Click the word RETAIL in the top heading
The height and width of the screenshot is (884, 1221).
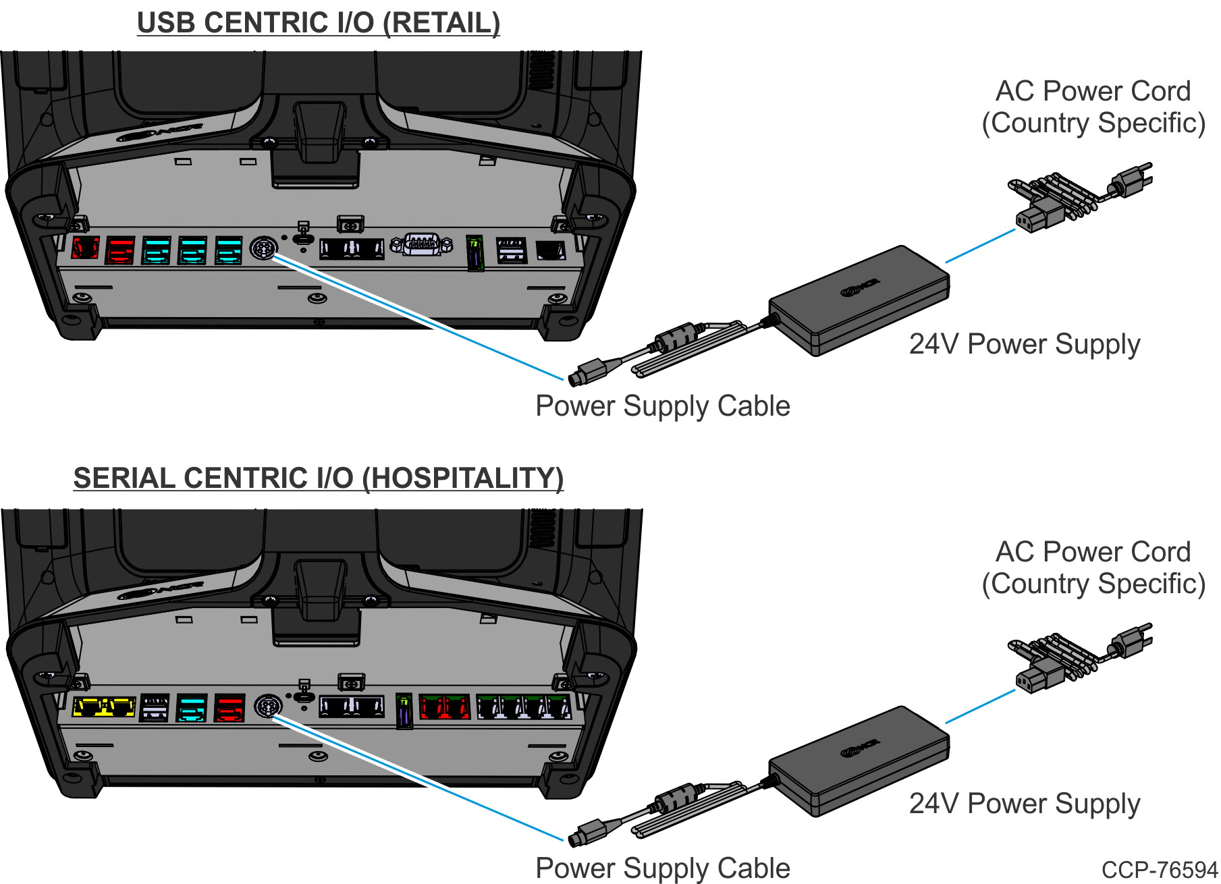point(441,23)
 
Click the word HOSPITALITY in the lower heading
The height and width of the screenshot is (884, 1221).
point(462,478)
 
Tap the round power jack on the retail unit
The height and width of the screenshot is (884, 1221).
point(263,248)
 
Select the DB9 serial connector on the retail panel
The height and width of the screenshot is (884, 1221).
point(422,244)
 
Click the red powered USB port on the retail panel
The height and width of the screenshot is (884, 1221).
point(119,250)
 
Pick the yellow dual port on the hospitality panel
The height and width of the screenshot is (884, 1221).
point(103,707)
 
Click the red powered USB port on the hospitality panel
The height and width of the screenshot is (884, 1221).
point(229,709)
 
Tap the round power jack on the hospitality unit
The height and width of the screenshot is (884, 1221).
point(268,707)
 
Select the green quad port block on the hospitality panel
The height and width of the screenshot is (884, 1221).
point(524,707)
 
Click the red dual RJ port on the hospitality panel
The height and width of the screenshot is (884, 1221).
point(444,707)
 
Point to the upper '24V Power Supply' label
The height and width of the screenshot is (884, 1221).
point(1024,344)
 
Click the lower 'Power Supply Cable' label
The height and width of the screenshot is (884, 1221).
point(662,868)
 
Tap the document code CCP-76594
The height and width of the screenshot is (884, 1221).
point(1160,870)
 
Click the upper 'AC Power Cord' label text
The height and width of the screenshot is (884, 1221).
point(1093,91)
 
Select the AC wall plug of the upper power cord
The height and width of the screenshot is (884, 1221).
point(1131,180)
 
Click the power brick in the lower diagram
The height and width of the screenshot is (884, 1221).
point(859,761)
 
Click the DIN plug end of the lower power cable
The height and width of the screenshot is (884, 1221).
point(586,833)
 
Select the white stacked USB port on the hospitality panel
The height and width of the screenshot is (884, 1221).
point(154,709)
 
